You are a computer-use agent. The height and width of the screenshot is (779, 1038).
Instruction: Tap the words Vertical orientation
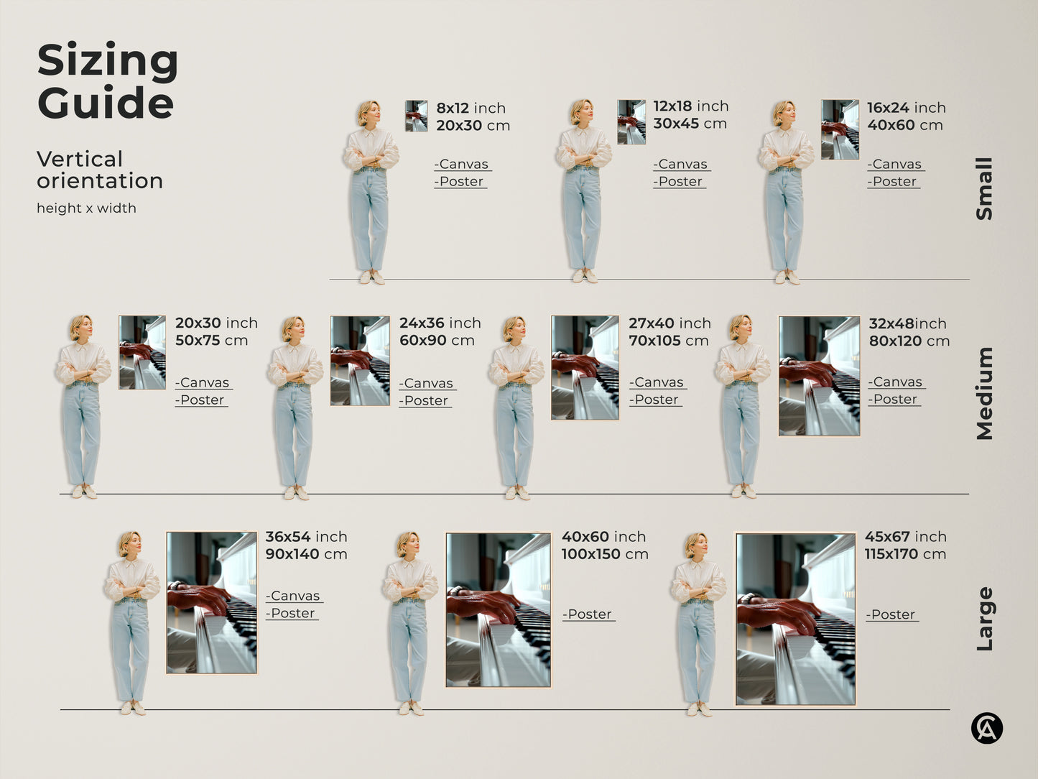99,170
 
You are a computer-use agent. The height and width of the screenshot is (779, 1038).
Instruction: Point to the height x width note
86,208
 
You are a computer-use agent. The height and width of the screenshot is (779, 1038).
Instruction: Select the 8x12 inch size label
471,108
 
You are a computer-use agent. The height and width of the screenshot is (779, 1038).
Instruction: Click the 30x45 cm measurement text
690,124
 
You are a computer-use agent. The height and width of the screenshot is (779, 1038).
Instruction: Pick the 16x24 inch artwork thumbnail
840,129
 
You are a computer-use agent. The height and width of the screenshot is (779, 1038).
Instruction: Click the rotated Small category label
984,188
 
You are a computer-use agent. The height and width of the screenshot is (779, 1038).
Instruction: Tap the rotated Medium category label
984,393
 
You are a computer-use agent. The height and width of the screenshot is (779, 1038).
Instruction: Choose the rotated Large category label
984,619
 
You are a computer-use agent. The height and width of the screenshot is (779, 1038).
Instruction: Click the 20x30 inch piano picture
142,352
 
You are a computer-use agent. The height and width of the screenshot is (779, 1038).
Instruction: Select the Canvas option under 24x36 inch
427,383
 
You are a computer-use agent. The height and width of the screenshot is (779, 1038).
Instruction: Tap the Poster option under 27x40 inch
656,400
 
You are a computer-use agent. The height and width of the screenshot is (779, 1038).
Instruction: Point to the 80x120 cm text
909,341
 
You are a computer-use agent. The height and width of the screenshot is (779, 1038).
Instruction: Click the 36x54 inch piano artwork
212,602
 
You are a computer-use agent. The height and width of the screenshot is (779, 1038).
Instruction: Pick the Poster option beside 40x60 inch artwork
588,614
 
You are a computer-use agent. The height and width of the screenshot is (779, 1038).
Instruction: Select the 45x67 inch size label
905,537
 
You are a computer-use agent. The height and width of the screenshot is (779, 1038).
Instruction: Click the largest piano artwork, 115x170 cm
796,619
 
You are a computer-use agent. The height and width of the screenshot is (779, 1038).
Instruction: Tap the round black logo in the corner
986,729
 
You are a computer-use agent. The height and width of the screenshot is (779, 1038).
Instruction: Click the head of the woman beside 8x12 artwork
369,113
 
